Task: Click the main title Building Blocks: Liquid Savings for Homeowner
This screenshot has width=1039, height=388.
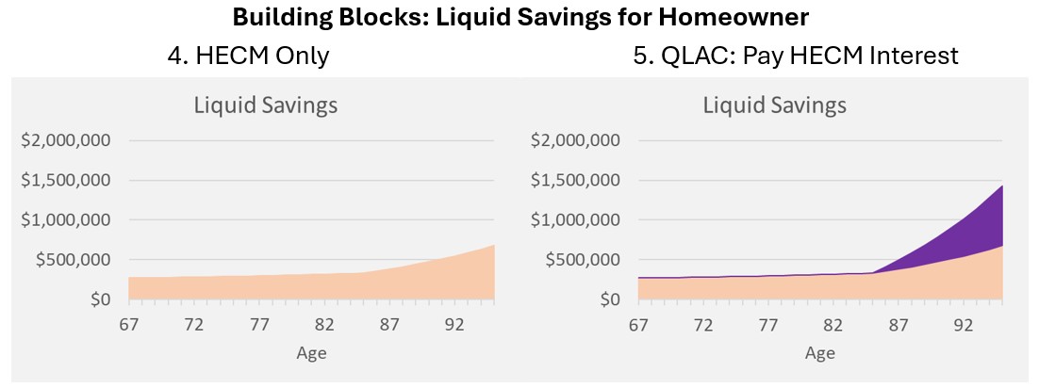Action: point(519,18)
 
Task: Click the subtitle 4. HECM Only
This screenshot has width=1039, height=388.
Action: point(248,57)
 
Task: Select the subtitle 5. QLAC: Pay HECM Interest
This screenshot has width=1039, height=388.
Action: point(796,57)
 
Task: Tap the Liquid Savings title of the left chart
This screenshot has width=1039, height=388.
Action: point(266,105)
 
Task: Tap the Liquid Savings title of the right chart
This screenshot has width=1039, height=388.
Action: point(775,105)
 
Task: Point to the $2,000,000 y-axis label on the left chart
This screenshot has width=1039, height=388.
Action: point(67,141)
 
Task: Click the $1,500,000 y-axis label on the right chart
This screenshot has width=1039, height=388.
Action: point(576,181)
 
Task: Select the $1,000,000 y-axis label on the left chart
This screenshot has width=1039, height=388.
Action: point(67,220)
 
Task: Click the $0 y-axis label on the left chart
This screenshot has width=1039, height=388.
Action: point(100,299)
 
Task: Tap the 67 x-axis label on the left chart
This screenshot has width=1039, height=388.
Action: point(129,325)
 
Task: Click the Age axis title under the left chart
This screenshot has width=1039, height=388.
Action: point(311,353)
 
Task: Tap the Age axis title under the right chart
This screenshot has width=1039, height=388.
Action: point(820,353)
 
